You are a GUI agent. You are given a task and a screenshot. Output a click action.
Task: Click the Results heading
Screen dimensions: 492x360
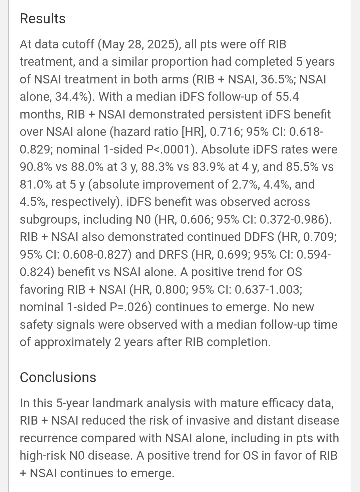(43, 19)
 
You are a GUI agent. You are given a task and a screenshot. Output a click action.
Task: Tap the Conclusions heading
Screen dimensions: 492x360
(58, 377)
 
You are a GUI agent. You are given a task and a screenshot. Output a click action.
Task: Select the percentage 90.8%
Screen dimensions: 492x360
(36, 167)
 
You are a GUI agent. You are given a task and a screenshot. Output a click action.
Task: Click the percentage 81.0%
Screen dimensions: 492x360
(36, 184)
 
